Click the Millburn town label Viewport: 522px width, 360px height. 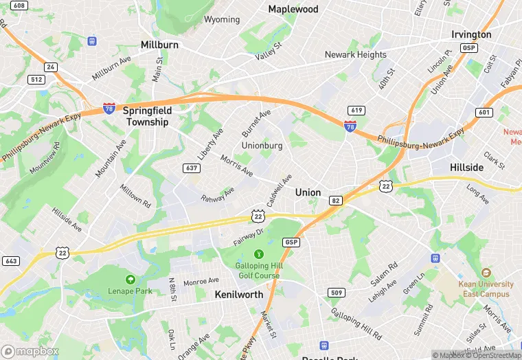(159, 45)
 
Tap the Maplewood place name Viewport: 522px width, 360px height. (293, 9)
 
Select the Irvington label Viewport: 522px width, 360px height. (471, 34)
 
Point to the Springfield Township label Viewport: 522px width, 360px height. (146, 115)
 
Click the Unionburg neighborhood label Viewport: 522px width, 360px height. (262, 146)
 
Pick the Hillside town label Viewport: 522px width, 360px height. (466, 167)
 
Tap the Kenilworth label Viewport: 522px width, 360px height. (238, 294)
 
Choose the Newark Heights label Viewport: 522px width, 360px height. (356, 54)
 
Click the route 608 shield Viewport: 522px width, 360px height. (19, 5)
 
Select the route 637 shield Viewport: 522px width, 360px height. (192, 168)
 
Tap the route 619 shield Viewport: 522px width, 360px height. (356, 111)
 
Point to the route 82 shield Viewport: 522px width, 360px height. (335, 200)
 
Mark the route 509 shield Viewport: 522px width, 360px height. (335, 293)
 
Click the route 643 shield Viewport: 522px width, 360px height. (11, 261)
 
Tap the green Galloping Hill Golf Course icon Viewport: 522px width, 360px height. (258, 254)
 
